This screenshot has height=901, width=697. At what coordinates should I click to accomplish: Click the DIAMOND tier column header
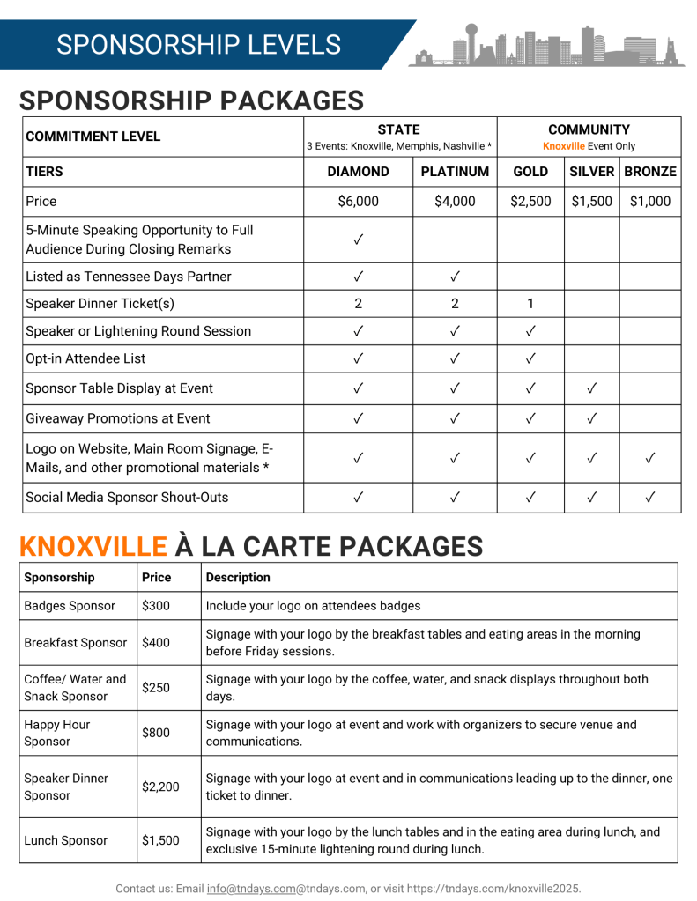click(358, 172)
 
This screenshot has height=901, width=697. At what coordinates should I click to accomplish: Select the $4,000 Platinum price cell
click(455, 201)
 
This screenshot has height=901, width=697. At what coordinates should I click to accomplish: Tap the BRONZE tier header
click(649, 172)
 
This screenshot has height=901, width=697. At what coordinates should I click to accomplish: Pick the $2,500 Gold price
click(530, 201)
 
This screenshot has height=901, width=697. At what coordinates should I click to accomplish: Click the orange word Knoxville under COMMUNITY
click(563, 146)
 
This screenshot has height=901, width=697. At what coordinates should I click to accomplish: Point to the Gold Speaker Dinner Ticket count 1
click(530, 304)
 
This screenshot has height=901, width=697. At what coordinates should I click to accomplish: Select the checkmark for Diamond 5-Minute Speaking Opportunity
click(359, 240)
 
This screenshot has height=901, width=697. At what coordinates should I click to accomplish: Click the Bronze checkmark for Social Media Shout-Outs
click(649, 498)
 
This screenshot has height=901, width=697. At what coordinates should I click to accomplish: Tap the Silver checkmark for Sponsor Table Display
click(592, 388)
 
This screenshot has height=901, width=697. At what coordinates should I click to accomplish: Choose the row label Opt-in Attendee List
click(85, 358)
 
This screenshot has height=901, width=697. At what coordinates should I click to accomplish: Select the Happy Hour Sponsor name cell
click(57, 733)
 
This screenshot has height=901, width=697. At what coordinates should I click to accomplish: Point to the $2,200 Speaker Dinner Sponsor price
click(160, 787)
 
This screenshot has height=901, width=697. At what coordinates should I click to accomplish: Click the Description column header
click(238, 578)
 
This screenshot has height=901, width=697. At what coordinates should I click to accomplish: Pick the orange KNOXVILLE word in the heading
click(93, 546)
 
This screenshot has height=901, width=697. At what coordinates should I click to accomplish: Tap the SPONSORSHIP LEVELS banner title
click(198, 45)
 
